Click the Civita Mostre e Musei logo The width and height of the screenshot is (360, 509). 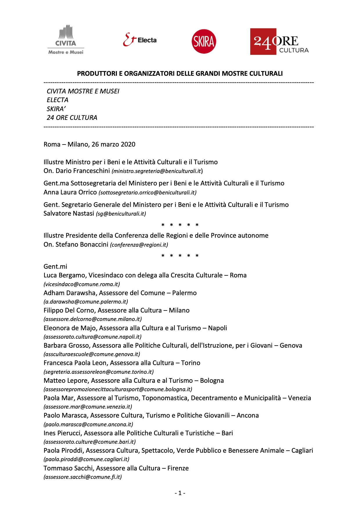[66, 40]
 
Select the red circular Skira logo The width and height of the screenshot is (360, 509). [204, 41]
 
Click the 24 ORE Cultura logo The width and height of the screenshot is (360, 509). [279, 41]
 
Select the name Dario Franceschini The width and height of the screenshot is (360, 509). [83, 171]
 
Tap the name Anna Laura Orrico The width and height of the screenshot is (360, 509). [70, 192]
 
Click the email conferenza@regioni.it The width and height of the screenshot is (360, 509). [139, 245]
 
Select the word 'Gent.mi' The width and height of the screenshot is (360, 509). [55, 266]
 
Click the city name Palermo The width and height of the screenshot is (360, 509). [184, 293]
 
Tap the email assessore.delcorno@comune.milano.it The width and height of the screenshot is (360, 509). [93, 319]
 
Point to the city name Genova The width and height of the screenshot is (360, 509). [291, 346]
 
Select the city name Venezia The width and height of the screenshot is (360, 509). [299, 398]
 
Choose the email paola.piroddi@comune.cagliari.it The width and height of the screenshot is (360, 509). [87, 459]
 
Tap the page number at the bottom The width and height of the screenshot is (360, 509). [180, 493]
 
